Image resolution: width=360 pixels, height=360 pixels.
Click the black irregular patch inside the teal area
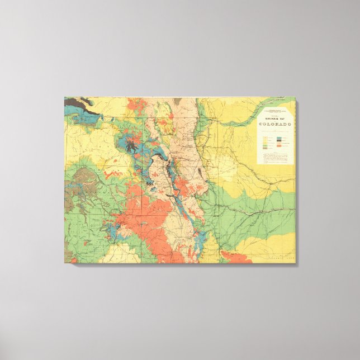coord(132,146)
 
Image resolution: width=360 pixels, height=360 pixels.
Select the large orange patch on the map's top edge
coord(137,105)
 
